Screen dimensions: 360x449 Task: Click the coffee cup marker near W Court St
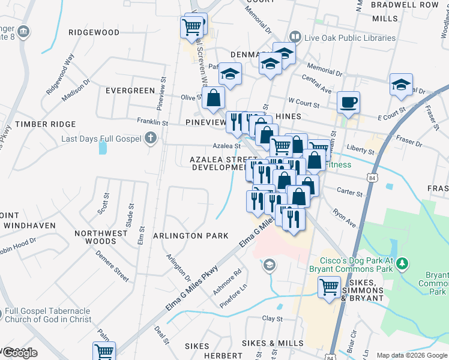tap(348, 102)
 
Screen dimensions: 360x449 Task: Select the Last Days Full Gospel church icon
tap(150, 139)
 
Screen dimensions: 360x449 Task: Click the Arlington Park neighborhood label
tap(191, 236)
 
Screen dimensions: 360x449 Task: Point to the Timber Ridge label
tap(46, 124)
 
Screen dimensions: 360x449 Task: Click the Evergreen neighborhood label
tap(130, 91)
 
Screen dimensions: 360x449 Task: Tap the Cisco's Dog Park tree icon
tap(403, 263)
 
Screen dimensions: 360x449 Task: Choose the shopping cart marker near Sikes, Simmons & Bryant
tap(329, 287)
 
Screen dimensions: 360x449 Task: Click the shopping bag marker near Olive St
tap(213, 98)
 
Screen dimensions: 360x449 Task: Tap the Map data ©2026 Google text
tap(411, 355)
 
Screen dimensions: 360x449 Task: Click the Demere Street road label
tap(113, 268)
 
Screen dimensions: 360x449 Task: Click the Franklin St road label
tap(152, 122)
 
